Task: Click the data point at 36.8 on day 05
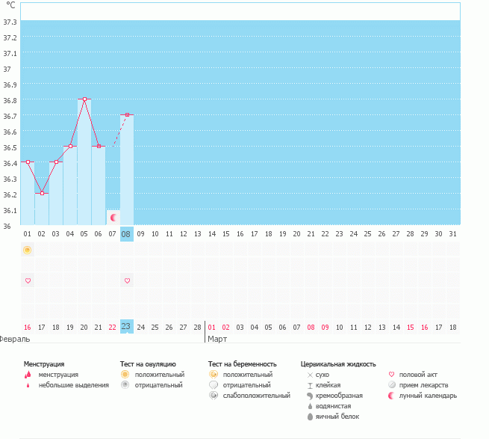point(84,99)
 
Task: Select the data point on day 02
point(42,193)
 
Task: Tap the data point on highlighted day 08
point(127,114)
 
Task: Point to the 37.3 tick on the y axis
point(10,22)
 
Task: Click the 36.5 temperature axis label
point(10,147)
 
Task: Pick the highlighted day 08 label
point(127,233)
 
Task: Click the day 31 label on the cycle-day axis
point(452,233)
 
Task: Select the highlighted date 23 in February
point(127,327)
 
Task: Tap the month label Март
point(217,339)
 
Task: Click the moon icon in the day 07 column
point(113,217)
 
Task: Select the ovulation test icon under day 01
point(28,249)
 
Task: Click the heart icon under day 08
point(127,280)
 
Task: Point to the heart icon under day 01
point(28,280)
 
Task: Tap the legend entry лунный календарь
point(428,396)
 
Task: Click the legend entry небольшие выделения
point(73,385)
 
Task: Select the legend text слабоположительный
point(256,396)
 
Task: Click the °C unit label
point(10,4)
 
